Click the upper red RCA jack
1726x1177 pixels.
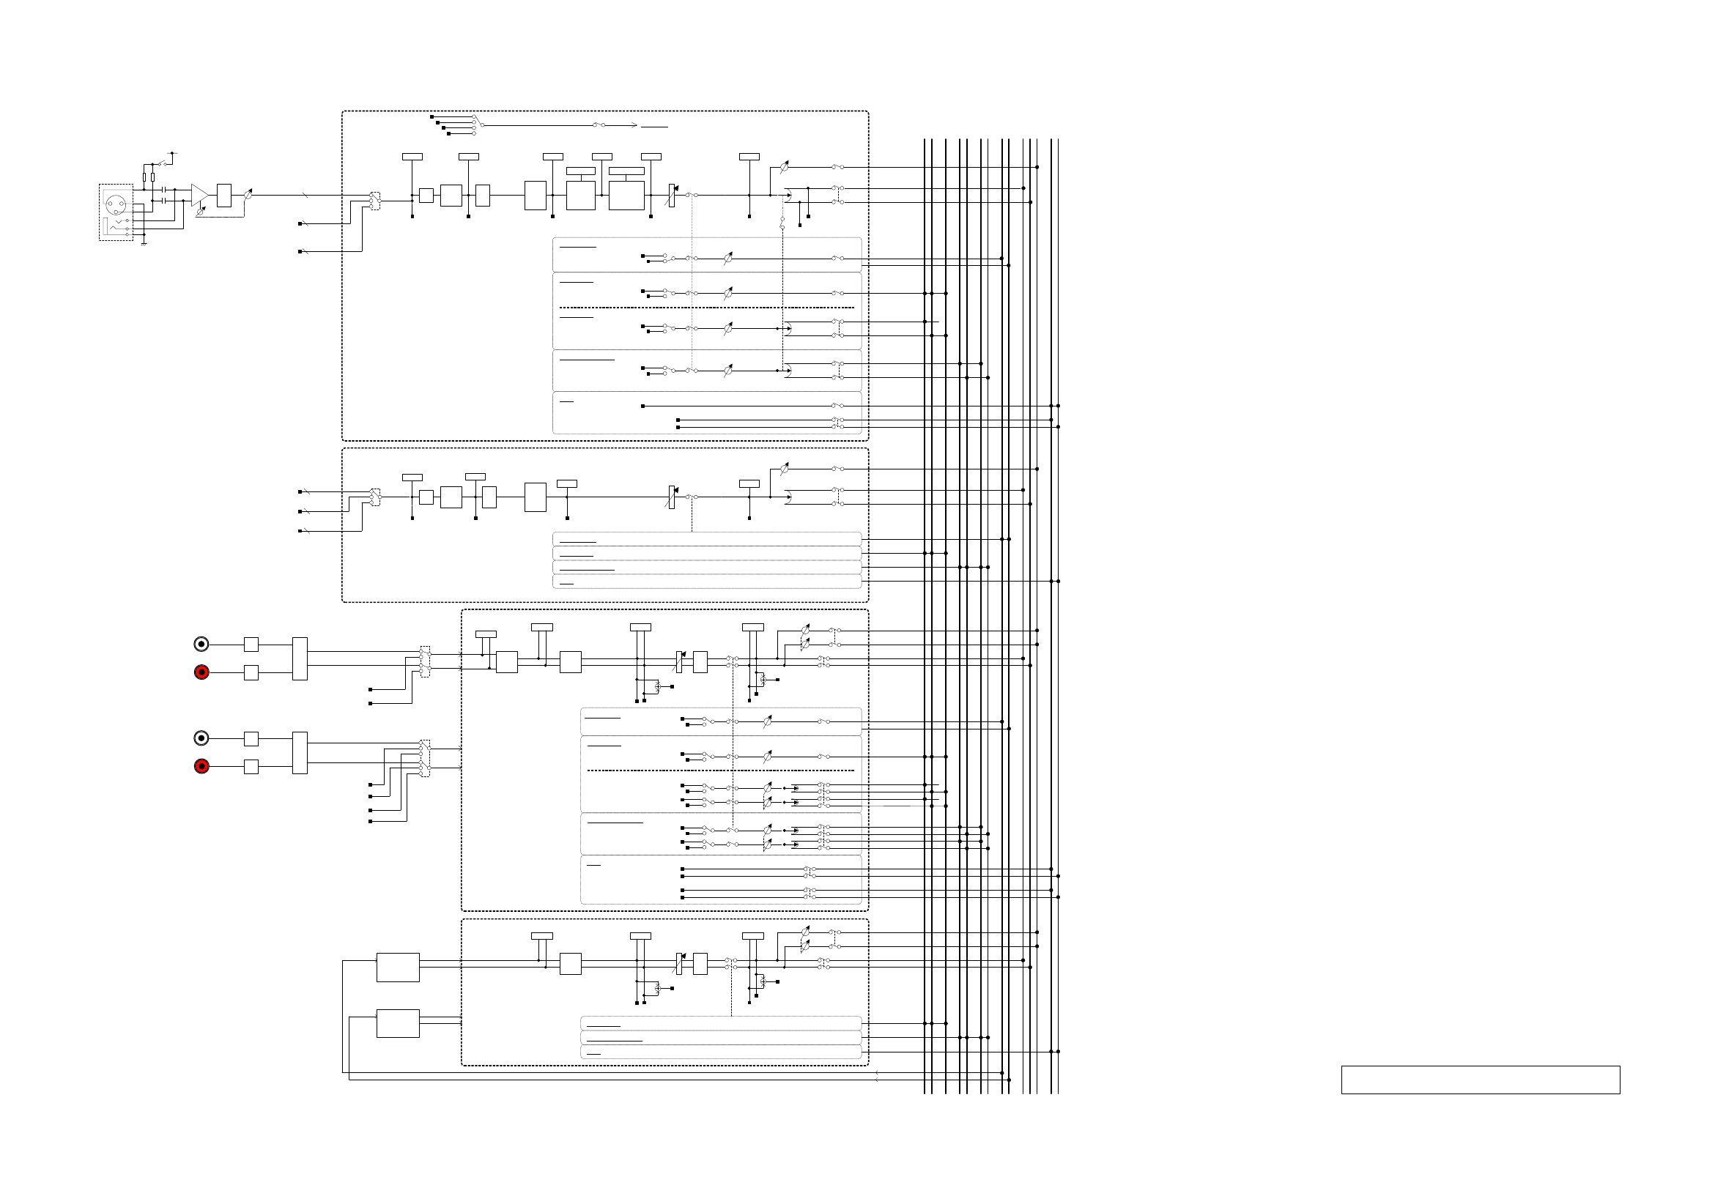click(x=201, y=672)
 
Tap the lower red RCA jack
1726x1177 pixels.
click(x=201, y=765)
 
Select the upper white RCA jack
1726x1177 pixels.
click(x=201, y=644)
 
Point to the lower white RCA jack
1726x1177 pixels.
click(x=201, y=738)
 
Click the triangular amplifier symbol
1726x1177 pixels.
click(x=199, y=196)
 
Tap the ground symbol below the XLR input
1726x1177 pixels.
click(x=143, y=243)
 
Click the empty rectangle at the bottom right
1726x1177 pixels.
click(x=1480, y=1080)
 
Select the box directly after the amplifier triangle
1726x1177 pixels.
click(x=223, y=196)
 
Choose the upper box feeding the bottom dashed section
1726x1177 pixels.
click(x=397, y=967)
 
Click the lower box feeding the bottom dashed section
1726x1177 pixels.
click(x=397, y=1022)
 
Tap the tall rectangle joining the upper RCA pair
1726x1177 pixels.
click(x=300, y=658)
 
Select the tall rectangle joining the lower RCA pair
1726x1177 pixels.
click(x=300, y=752)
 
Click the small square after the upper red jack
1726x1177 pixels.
click(x=251, y=672)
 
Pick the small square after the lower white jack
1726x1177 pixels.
click(x=251, y=738)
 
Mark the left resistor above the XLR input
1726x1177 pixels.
click(x=145, y=177)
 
